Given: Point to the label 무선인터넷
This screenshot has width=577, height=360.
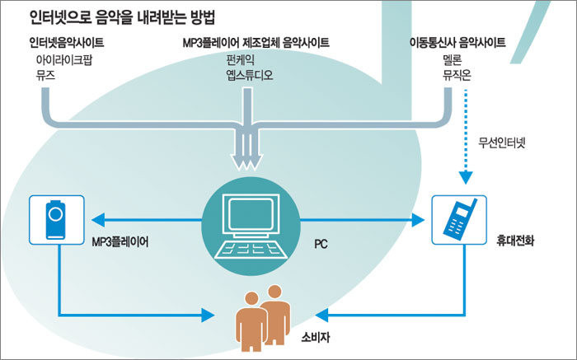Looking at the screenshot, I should tap(502, 143).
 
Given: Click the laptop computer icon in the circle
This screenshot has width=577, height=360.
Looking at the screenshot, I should tap(252, 218).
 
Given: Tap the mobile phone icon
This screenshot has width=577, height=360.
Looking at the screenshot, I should tap(456, 219).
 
